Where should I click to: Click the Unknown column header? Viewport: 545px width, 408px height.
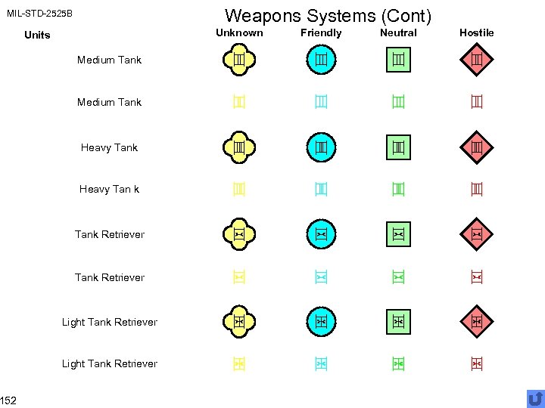(x=239, y=32)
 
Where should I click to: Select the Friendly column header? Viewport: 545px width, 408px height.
(x=321, y=32)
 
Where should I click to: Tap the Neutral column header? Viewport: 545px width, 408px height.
(x=398, y=32)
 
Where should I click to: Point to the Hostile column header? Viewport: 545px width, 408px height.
(x=476, y=32)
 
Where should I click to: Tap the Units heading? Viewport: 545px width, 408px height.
(x=37, y=35)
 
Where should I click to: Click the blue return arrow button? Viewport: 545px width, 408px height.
(x=535, y=397)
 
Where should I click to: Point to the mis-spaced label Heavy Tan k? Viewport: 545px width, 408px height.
(x=109, y=189)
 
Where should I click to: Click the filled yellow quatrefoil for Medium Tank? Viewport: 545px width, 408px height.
(x=238, y=59)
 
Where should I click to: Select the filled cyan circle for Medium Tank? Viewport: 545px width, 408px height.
(x=321, y=59)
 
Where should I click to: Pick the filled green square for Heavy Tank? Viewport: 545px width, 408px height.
(x=398, y=147)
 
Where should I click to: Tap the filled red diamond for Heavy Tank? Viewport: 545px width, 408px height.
(x=476, y=147)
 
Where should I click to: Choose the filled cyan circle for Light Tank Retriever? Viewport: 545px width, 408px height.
(x=321, y=321)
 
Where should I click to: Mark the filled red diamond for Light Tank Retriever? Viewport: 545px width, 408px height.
(x=476, y=321)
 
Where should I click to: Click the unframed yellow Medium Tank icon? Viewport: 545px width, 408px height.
(x=238, y=101)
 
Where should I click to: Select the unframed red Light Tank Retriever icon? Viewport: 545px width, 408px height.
(x=476, y=363)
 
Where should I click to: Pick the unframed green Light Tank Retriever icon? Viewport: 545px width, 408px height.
(x=398, y=363)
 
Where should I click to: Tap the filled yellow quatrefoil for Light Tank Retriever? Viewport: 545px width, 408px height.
(x=238, y=321)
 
